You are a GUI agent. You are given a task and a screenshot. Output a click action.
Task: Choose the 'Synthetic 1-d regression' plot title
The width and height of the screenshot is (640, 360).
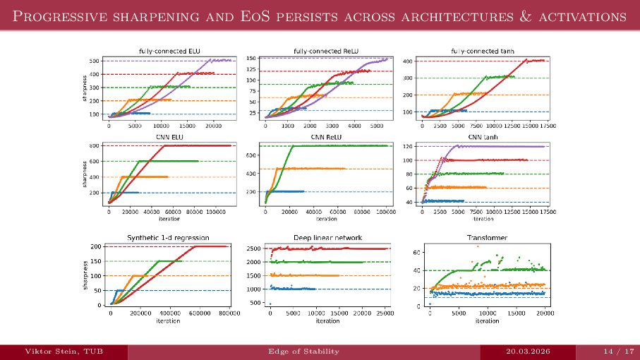point(168,238)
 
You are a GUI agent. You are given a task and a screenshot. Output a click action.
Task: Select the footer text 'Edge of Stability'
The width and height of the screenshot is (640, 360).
point(304,352)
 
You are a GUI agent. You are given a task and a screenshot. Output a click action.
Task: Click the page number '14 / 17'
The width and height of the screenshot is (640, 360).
point(608,352)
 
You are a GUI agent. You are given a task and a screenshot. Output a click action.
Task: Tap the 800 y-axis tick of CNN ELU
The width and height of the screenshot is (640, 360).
point(94,145)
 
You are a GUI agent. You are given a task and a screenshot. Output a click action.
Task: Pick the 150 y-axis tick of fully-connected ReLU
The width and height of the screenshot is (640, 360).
point(252,59)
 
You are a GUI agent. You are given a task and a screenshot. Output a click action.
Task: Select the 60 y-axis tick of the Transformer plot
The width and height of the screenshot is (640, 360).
point(416,252)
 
